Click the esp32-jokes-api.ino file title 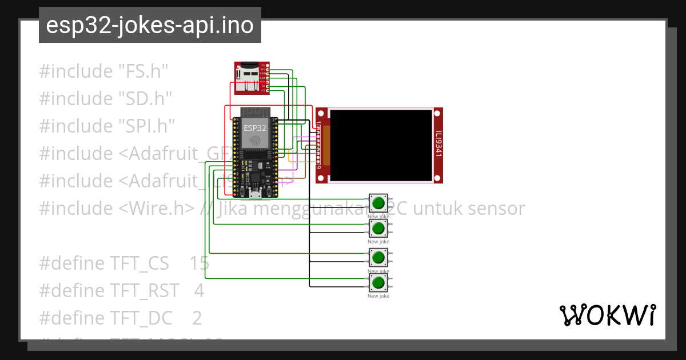150,25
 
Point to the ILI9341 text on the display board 438,145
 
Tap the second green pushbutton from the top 378,229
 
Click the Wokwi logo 607,315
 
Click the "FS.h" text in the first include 143,71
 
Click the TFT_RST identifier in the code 144,290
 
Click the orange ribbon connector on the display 326,145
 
